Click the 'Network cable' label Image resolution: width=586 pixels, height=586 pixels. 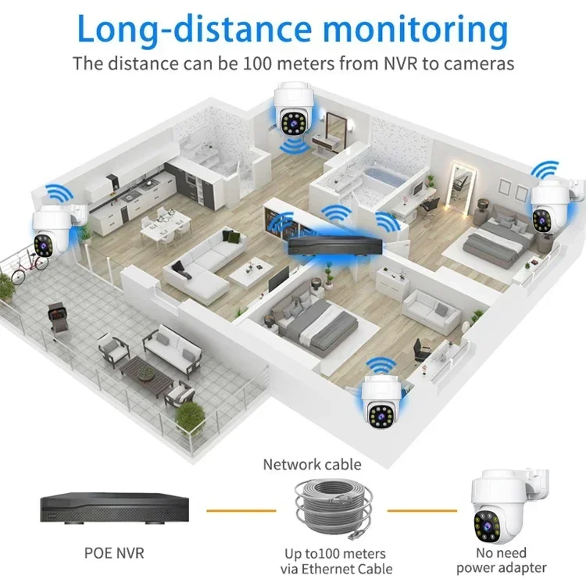312,465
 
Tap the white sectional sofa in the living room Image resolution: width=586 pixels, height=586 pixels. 199,262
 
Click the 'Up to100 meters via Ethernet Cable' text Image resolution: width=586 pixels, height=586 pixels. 338,561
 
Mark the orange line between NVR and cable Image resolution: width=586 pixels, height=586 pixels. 241,510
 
